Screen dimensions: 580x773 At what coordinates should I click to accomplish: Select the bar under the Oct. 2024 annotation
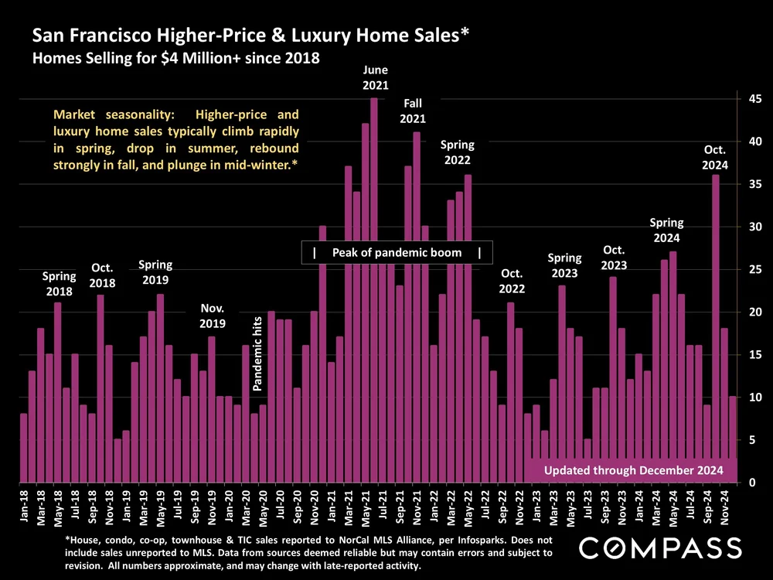[716, 325]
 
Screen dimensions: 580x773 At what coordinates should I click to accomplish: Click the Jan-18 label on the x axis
[24, 504]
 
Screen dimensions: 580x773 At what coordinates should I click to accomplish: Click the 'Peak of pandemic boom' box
[397, 253]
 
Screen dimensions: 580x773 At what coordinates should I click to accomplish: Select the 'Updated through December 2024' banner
[633, 470]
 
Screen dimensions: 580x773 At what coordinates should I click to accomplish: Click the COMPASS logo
[660, 548]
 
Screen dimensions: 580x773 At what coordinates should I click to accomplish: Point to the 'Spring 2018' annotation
[59, 284]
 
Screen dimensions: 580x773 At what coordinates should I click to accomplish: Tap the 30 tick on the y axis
[751, 227]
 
